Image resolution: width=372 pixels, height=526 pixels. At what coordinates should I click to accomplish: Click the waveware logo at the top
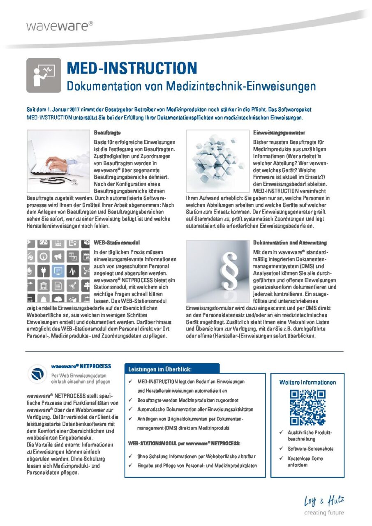60,26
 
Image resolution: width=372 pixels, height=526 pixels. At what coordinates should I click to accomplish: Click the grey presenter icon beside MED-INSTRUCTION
44,75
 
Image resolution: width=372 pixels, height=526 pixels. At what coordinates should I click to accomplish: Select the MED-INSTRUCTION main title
132,68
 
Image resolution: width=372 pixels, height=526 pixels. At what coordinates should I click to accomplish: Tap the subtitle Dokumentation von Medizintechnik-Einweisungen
191,86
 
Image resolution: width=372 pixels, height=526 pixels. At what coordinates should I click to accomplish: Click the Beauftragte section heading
107,133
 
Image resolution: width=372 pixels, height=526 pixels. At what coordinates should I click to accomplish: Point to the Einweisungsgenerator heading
279,133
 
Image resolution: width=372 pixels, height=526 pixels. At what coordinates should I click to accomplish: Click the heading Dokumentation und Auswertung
290,242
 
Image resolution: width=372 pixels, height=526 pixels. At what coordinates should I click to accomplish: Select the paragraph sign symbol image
217,271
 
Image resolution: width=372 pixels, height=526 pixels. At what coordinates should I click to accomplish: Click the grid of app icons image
58,271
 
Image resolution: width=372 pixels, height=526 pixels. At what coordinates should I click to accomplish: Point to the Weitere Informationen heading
307,382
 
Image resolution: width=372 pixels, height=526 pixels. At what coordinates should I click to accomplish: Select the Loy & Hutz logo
324,501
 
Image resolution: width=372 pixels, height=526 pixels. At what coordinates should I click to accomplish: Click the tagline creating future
324,513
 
